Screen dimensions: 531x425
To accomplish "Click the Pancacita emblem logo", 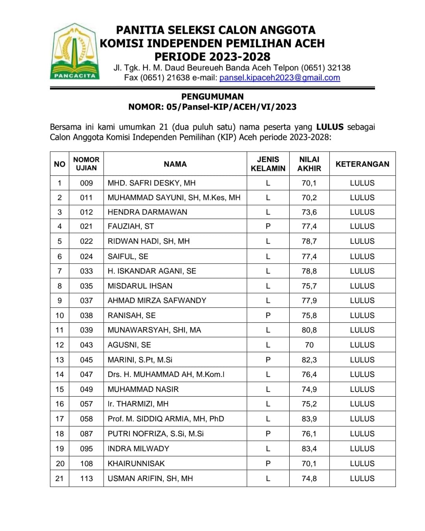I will [74, 51].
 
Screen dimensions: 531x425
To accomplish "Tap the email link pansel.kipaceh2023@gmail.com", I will [279, 78].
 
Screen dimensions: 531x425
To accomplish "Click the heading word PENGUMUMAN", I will [212, 97].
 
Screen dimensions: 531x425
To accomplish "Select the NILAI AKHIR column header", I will [309, 164].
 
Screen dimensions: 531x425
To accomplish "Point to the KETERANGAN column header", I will [362, 164].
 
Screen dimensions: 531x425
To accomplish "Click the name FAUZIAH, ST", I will [131, 226].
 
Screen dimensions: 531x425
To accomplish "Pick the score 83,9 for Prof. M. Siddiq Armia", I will [309, 419].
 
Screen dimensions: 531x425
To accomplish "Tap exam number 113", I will [86, 479].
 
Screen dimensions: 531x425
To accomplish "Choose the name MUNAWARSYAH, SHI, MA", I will [154, 330].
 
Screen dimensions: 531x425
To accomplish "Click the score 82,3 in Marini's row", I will [309, 360].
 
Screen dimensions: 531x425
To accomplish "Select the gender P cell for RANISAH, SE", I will [268, 316].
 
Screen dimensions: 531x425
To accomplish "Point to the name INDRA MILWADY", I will [139, 449].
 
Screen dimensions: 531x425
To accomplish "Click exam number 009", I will [86, 183].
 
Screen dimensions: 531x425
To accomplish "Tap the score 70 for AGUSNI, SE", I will [309, 345].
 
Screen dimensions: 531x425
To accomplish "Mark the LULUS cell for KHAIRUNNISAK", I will [362, 464].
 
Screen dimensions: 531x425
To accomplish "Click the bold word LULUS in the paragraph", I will [330, 127].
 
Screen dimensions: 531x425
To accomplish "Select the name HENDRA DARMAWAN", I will [147, 212].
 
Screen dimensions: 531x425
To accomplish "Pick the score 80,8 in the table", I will [309, 330].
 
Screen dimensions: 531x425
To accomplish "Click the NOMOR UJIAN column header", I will [86, 164].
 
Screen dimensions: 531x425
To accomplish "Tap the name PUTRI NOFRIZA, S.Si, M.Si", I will [155, 434].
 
